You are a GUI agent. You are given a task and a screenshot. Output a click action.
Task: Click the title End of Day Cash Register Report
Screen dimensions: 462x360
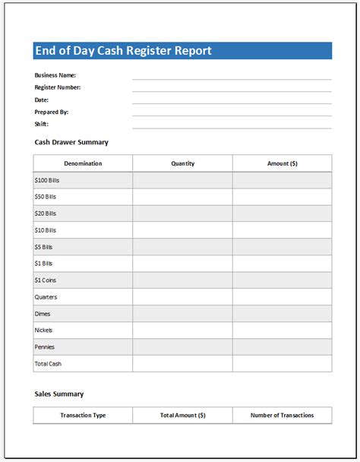pyautogui.click(x=123, y=51)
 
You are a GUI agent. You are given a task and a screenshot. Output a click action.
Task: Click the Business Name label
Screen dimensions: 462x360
pyautogui.click(x=55, y=75)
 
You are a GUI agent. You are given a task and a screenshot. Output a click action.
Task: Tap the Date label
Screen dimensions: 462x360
pyautogui.click(x=42, y=100)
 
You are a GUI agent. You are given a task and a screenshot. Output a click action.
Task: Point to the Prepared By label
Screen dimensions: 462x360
pyautogui.click(x=52, y=112)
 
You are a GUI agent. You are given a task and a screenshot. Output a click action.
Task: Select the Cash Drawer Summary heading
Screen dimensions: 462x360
pyautogui.click(x=71, y=142)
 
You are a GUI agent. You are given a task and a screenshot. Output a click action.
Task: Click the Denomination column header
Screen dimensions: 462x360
pyautogui.click(x=83, y=163)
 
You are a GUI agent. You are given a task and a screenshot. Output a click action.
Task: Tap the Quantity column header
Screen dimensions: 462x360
pyautogui.click(x=182, y=163)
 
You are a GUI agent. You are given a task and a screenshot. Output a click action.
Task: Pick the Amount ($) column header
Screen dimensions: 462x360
pyautogui.click(x=282, y=163)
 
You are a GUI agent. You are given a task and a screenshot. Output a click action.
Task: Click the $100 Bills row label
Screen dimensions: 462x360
pyautogui.click(x=46, y=180)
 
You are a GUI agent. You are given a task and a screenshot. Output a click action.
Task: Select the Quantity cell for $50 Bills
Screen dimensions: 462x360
pyautogui.click(x=182, y=197)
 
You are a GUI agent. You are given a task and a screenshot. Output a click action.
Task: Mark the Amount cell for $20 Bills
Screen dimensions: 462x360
pyautogui.click(x=282, y=214)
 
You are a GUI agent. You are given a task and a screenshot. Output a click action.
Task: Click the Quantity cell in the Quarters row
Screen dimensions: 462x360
pyautogui.click(x=182, y=297)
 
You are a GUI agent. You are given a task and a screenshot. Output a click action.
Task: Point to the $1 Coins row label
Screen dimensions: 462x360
pyautogui.click(x=46, y=280)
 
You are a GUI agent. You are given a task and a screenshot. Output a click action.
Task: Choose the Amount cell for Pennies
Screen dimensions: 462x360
pyautogui.click(x=282, y=347)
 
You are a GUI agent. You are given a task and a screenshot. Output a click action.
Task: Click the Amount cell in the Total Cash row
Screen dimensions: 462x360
pyautogui.click(x=282, y=364)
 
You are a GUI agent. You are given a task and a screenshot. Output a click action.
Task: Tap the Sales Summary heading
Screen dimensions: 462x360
pyautogui.click(x=59, y=394)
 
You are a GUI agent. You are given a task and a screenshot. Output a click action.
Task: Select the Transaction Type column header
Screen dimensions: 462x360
pyautogui.click(x=83, y=415)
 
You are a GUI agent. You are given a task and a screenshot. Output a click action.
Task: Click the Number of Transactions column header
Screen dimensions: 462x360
pyautogui.click(x=282, y=415)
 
